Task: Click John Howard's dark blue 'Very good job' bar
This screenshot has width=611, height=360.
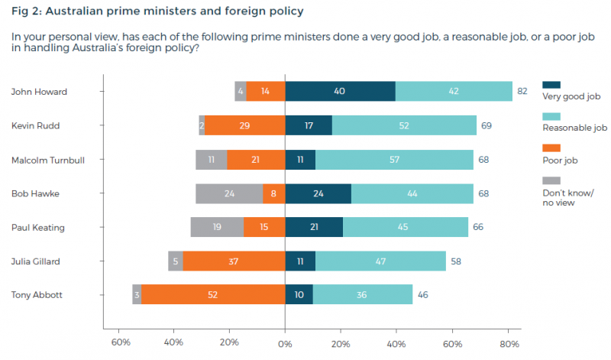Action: point(340,92)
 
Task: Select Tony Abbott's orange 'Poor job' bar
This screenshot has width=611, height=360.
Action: point(213,294)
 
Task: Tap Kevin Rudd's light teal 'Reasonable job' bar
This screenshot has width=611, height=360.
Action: point(404,125)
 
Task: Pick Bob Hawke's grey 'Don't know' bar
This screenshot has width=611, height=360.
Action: point(229,193)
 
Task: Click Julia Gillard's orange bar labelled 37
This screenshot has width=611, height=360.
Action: point(234,261)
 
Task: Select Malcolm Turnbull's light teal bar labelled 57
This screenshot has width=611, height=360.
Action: point(394,159)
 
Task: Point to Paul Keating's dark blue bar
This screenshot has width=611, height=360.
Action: point(314,226)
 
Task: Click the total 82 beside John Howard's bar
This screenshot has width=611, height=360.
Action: point(523,92)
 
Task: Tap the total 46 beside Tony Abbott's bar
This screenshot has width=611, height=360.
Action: point(422,294)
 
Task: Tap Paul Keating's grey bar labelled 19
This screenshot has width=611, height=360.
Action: point(217,226)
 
